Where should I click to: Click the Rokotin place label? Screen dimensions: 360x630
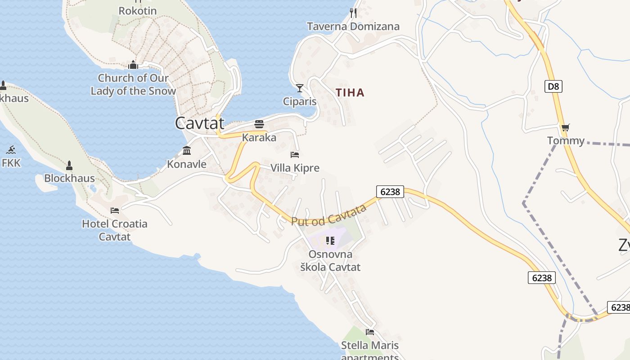138,10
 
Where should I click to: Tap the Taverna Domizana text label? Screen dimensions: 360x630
353,27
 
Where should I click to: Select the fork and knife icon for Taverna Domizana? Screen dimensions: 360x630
353,13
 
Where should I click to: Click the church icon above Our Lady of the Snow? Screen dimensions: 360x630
133,65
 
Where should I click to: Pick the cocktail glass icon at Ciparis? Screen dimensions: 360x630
300,88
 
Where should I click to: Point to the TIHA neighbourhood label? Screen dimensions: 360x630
350,93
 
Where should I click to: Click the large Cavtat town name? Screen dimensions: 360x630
199,123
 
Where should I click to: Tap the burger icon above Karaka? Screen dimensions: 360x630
259,124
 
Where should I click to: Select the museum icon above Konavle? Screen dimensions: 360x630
187,150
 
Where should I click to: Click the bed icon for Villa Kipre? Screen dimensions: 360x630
295,155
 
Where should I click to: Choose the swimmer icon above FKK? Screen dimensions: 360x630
11,149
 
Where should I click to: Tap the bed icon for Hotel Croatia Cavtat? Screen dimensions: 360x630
115,210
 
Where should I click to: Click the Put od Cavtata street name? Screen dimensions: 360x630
329,215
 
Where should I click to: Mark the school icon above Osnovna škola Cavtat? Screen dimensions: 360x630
330,241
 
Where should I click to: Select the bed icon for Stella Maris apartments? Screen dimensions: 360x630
370,332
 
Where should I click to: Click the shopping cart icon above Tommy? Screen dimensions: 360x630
566,127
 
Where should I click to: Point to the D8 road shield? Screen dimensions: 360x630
553,86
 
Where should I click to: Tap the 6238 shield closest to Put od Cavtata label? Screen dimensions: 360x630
390,192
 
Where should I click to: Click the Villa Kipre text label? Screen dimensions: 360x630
295,168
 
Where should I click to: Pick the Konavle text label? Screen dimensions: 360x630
187,164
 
